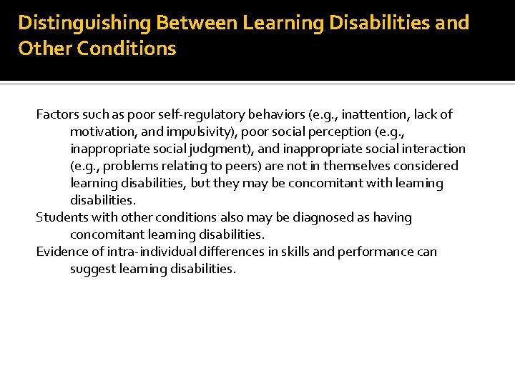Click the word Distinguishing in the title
(84, 24)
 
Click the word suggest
(92, 269)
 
